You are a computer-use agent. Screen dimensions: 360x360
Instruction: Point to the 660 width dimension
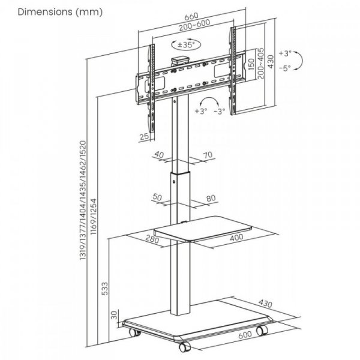coord(191,17)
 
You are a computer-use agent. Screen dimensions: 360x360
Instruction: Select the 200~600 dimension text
coord(191,28)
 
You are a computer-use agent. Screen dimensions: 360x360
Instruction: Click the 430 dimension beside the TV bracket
coord(272,61)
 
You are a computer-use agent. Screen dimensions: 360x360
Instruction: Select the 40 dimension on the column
coord(159,155)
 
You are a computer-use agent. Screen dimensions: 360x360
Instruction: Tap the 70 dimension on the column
coord(208,155)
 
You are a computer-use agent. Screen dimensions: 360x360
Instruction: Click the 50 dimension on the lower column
coord(158,197)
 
